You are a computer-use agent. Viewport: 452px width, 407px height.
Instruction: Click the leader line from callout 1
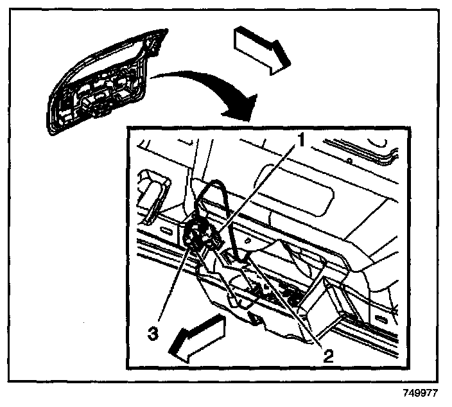(x=257, y=193)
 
